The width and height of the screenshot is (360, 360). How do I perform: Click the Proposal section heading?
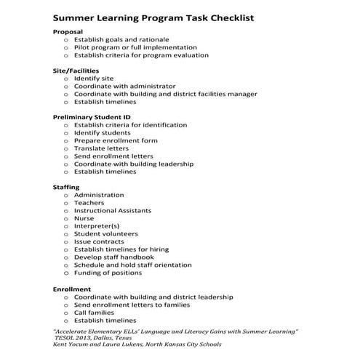[x=68, y=31]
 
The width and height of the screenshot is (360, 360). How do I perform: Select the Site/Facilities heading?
[x=76, y=71]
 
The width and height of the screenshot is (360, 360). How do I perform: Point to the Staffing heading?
[x=66, y=188]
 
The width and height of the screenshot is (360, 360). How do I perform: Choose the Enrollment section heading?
[x=72, y=289]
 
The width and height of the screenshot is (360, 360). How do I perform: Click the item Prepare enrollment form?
[x=115, y=140]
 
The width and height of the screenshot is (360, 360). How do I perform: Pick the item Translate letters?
[x=101, y=148]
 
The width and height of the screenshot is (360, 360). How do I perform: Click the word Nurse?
[x=84, y=218]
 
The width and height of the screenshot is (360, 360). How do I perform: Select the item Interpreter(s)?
[x=97, y=226]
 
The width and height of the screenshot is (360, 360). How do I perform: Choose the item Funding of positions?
[x=108, y=273]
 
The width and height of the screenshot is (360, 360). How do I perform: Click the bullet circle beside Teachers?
[x=66, y=203]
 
